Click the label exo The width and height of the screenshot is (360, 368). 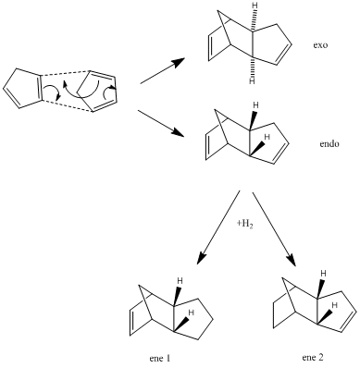320,45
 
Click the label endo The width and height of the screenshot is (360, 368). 329,143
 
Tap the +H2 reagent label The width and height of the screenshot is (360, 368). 245,224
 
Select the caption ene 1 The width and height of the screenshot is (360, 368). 159,359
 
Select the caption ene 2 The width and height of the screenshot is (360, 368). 313,358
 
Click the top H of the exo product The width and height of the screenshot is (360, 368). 254,5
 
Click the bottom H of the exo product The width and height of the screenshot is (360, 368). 253,81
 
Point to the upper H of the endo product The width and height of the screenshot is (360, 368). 255,105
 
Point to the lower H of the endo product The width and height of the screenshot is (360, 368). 267,137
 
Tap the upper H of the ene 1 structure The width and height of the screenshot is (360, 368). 180,281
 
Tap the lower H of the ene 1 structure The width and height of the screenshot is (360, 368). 191,313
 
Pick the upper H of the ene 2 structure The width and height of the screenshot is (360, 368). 323,273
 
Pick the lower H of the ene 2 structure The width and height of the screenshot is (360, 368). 334,305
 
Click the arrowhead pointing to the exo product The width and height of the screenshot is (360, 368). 179,62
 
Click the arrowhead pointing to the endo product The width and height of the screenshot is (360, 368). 178,133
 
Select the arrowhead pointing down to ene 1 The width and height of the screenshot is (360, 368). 201,257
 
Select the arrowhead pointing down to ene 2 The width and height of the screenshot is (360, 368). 291,258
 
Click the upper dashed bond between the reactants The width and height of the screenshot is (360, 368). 64,74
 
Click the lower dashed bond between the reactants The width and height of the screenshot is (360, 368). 67,105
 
